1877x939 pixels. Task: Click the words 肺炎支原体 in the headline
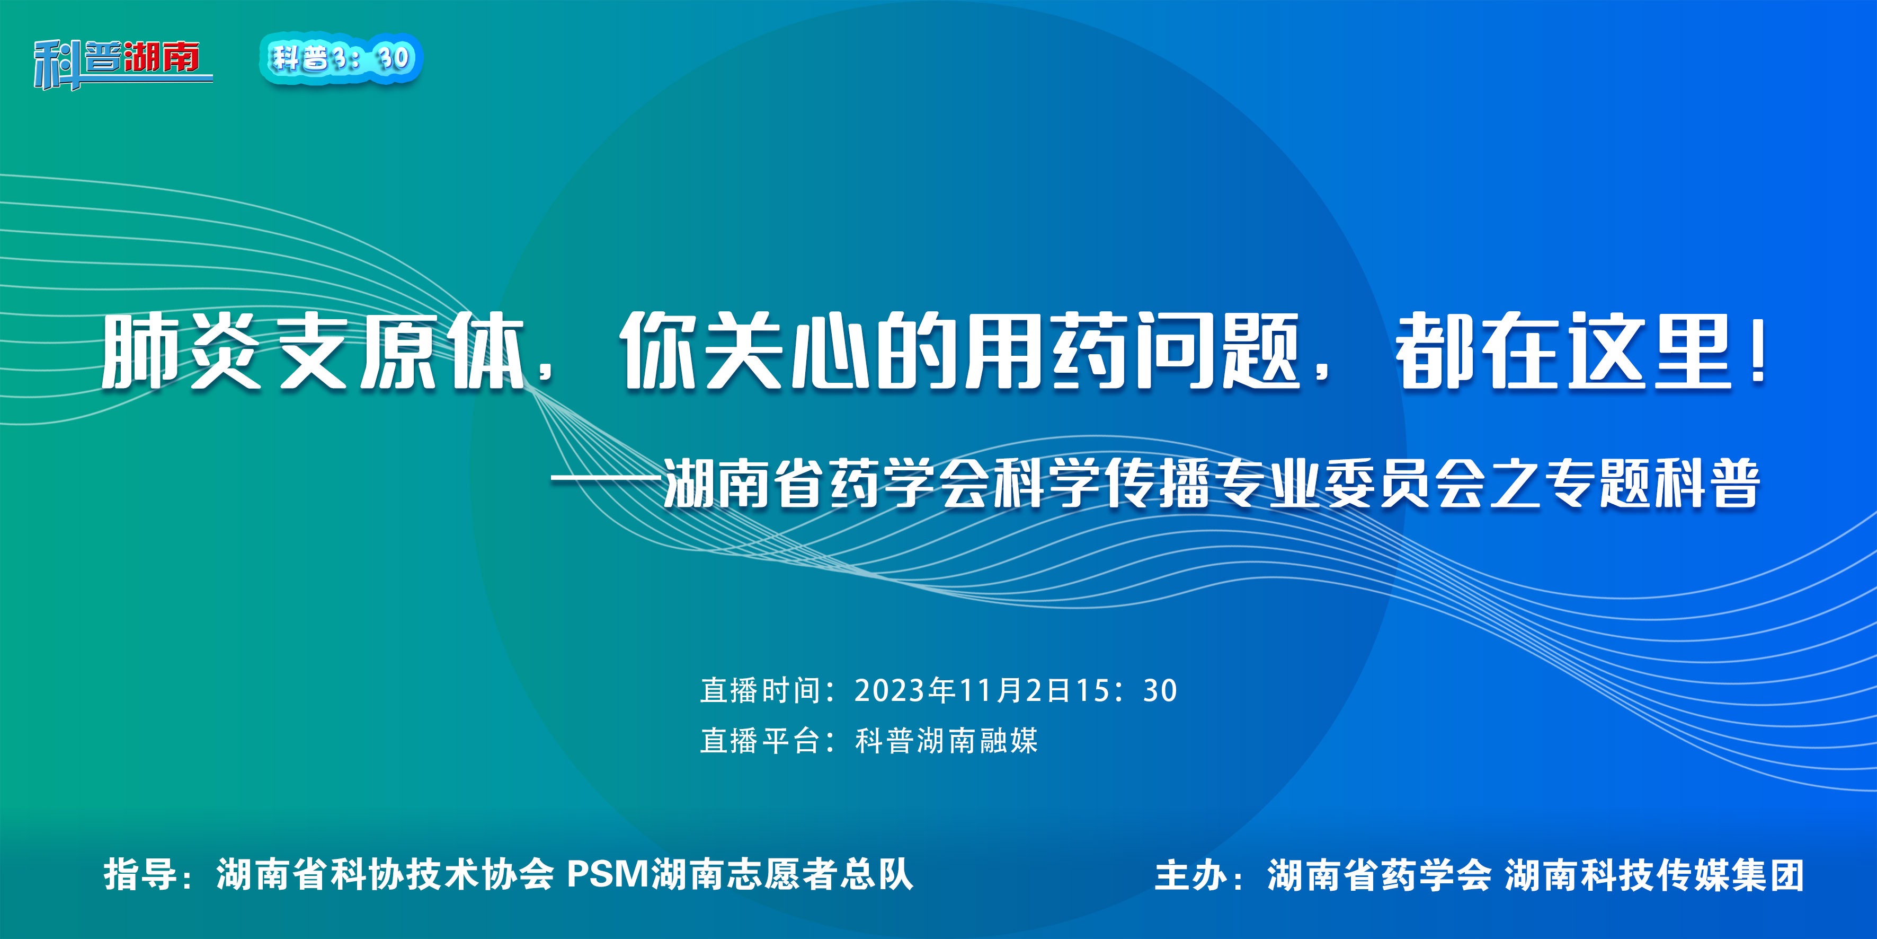click(313, 352)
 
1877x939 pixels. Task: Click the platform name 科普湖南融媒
click(946, 741)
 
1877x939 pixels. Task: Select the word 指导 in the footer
click(140, 874)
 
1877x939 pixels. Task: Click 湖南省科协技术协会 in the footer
click(385, 874)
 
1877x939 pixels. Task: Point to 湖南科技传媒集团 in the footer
click(1654, 875)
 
